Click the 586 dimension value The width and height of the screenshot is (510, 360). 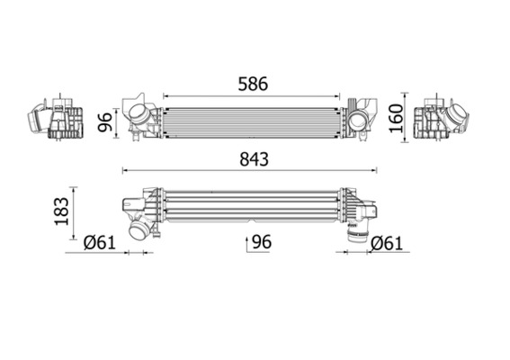253,83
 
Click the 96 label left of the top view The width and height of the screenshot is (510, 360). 105,121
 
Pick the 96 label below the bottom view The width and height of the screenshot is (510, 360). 262,241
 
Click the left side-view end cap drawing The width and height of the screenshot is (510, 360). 56,117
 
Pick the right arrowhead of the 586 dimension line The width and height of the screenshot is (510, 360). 339,95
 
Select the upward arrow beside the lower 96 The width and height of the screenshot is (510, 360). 246,241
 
